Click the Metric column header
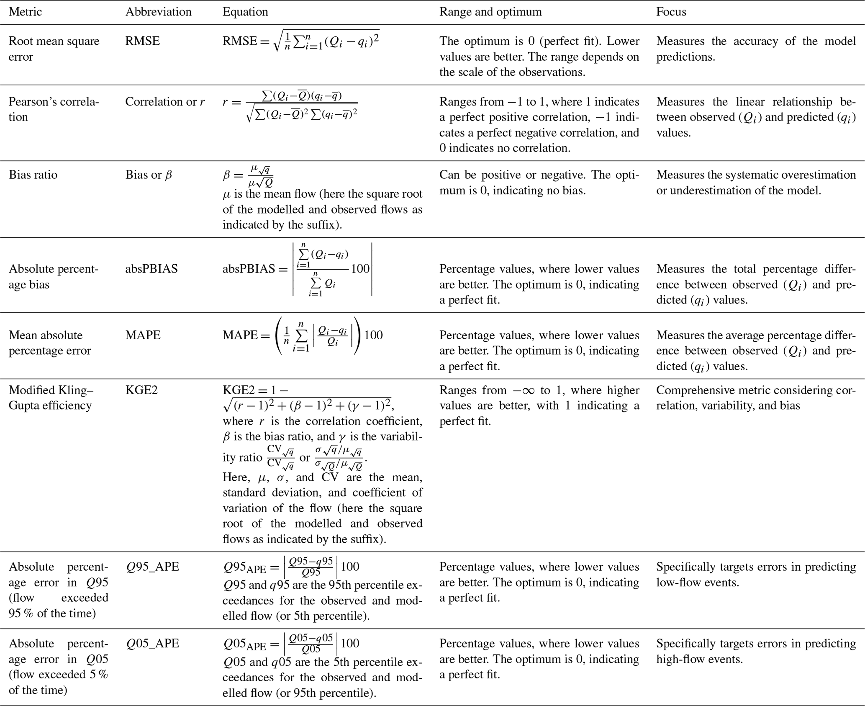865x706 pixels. coord(25,12)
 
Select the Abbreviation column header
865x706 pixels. coord(158,12)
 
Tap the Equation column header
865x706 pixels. coord(245,12)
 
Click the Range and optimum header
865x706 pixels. coord(490,12)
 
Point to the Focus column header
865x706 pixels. coord(671,12)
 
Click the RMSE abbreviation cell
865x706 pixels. coord(142,41)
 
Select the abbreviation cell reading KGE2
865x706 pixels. coord(141,390)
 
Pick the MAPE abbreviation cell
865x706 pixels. coord(143,335)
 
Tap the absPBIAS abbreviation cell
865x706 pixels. coord(151,269)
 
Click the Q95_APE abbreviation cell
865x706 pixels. coord(152,567)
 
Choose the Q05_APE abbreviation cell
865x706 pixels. coord(152,644)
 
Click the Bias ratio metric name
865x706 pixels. coord(33,175)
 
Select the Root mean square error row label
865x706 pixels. coord(54,49)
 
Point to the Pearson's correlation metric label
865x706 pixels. coord(54,109)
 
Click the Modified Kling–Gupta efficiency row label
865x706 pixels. coord(51,398)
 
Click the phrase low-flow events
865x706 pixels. coord(697,582)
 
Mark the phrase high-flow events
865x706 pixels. coord(699,659)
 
